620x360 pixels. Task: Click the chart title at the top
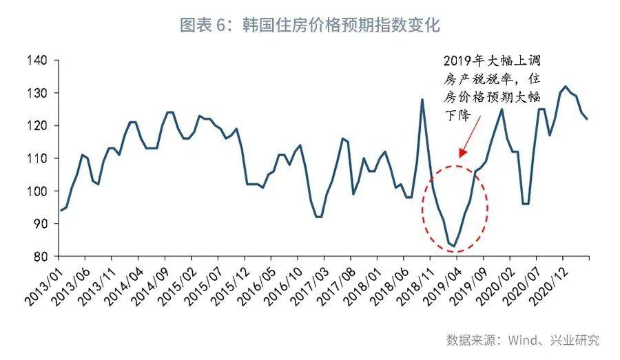309,25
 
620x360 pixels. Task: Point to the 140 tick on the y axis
38,61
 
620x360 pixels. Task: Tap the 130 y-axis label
38,94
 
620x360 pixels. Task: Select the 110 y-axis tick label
38,158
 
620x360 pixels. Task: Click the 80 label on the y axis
41,257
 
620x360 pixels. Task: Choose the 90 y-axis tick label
41,224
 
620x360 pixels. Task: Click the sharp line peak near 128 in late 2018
422,100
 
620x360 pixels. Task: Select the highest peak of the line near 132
566,87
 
